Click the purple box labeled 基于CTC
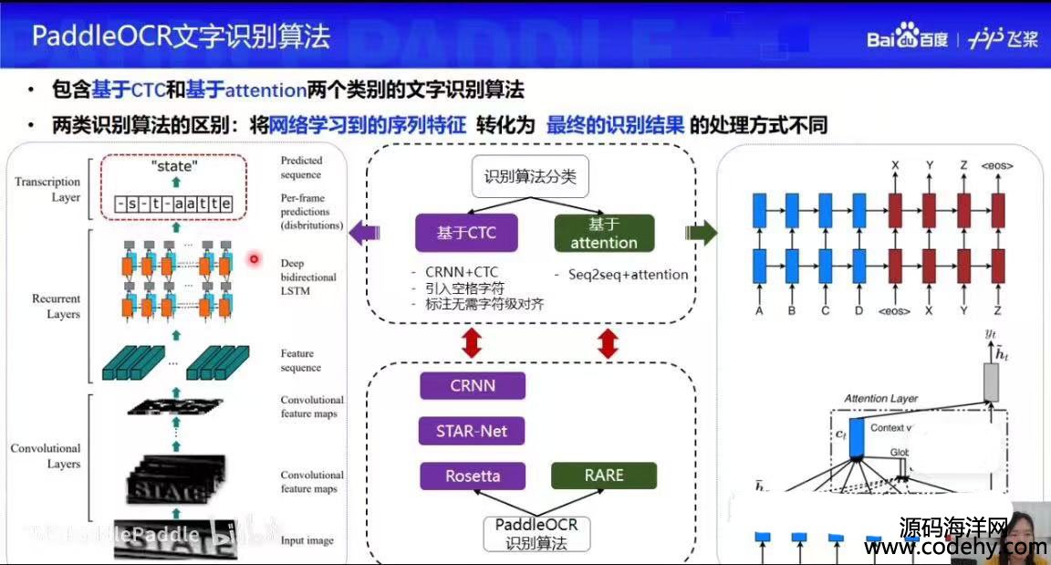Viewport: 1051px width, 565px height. tap(466, 233)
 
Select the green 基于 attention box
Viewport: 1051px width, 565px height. tap(604, 233)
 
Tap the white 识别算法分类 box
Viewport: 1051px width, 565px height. tap(530, 177)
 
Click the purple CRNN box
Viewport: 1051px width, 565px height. tap(473, 385)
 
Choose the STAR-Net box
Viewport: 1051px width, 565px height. tap(473, 430)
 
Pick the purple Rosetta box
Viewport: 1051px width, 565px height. tap(473, 476)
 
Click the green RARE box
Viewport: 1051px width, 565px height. tap(603, 476)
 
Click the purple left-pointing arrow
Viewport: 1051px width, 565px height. tap(365, 233)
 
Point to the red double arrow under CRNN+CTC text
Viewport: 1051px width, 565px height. tap(472, 343)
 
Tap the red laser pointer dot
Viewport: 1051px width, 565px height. tap(255, 260)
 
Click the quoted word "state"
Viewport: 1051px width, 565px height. tap(173, 167)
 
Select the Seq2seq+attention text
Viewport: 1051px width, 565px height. tap(621, 275)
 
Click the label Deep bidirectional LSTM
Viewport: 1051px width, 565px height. tap(308, 277)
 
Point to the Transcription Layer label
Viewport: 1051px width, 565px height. tap(47, 189)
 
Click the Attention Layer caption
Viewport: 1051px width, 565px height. tap(880, 399)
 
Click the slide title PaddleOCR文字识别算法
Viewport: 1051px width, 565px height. tap(181, 37)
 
